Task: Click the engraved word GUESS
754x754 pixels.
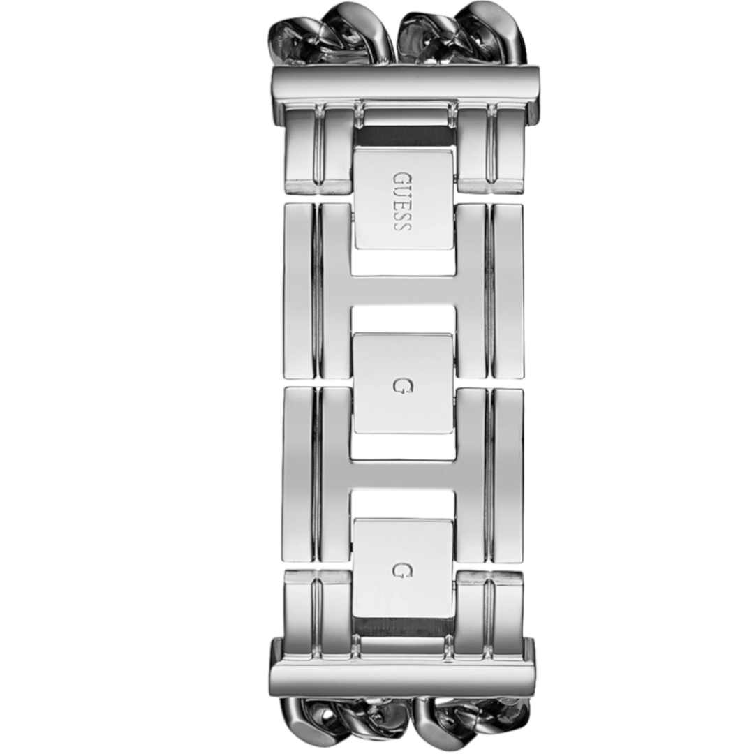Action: coord(403,201)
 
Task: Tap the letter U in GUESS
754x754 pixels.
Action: coord(403,191)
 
